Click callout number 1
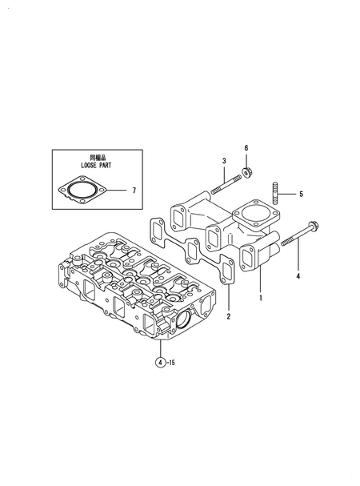(259, 297)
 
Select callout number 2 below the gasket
(228, 316)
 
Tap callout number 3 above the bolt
(225, 163)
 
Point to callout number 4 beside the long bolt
(298, 276)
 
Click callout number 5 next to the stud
(301, 194)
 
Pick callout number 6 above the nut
(246, 148)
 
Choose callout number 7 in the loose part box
(134, 191)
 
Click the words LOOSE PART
(97, 165)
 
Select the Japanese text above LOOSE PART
(97, 157)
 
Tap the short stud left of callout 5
(276, 193)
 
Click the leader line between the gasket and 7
(118, 191)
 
